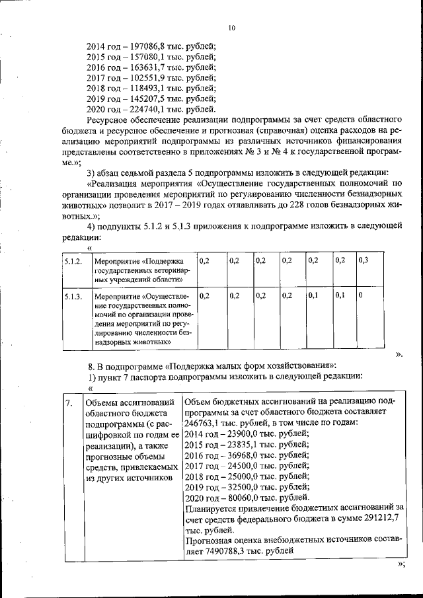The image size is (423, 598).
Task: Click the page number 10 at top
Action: tap(231, 28)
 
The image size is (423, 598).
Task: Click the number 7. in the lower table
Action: tap(69, 402)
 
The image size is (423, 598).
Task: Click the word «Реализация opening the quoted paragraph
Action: tap(115, 184)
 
